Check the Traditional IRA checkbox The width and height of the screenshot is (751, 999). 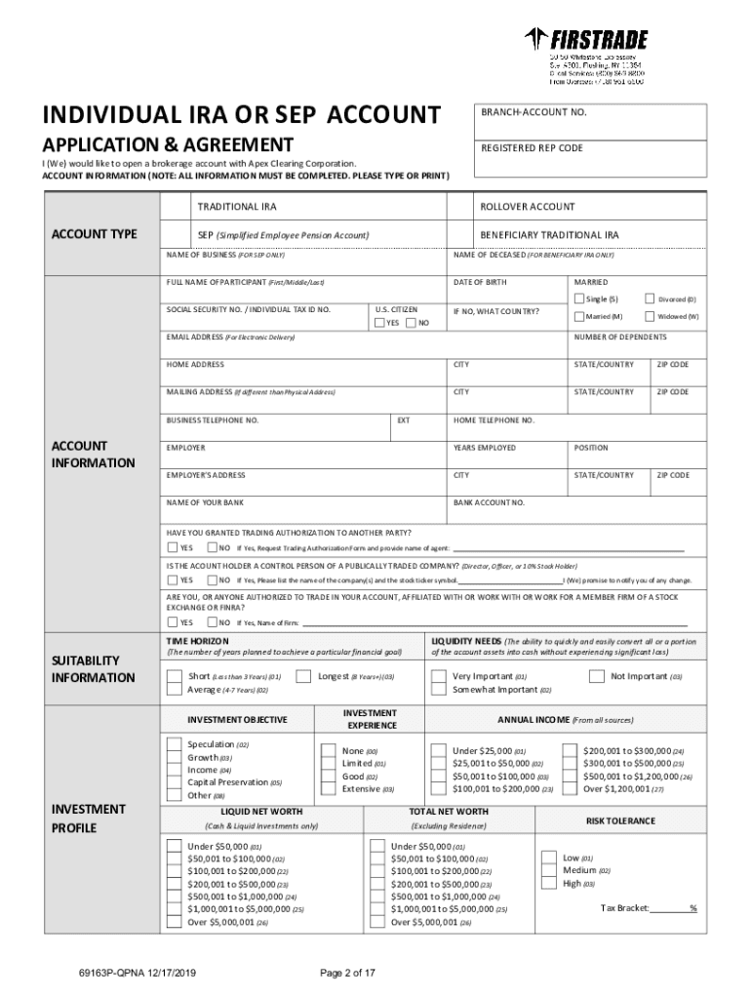tap(177, 207)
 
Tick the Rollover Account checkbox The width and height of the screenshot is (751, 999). tap(460, 207)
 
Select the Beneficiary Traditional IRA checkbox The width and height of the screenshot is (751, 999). tap(460, 235)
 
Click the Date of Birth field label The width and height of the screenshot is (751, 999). tap(480, 282)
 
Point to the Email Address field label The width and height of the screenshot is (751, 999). tap(230, 338)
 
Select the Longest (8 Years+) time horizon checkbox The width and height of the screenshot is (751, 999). tap(303, 676)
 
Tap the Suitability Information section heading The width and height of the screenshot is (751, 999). tap(95, 669)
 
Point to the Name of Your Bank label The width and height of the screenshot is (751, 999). tap(205, 502)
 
